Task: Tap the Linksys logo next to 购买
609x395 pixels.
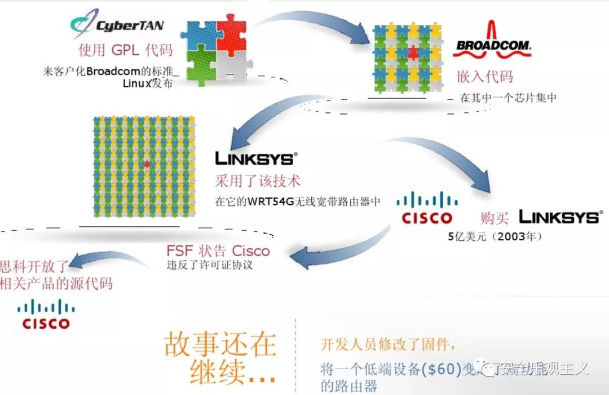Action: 560,217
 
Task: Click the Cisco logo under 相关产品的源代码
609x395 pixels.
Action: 46,315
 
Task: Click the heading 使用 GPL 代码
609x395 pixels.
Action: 125,50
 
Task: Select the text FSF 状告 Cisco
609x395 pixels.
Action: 218,250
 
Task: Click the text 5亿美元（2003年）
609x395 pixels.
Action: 495,236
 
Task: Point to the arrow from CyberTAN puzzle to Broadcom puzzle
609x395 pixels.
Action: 316,21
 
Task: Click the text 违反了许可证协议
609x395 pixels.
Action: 209,265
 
